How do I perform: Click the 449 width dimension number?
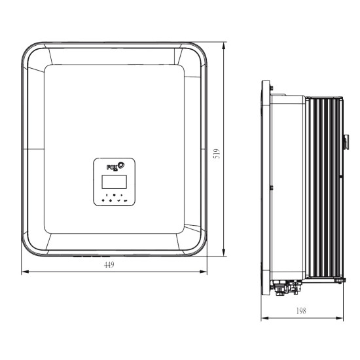pyautogui.click(x=109, y=264)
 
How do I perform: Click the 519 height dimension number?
pyautogui.click(x=217, y=154)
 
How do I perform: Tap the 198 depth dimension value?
pyautogui.click(x=301, y=311)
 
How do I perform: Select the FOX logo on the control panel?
pyautogui.click(x=115, y=166)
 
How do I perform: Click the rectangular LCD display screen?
pyautogui.click(x=115, y=181)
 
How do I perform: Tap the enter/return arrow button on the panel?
pyautogui.click(x=126, y=201)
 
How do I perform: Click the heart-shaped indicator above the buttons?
pyautogui.click(x=114, y=195)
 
